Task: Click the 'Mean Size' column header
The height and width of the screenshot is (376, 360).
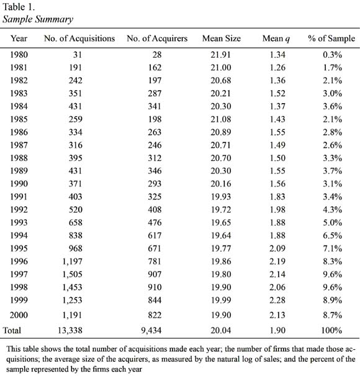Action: [x=222, y=39]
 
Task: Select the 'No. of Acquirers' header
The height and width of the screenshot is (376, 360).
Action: [x=157, y=39]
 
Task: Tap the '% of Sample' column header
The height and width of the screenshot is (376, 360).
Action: [x=331, y=39]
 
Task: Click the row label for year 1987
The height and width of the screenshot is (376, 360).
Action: [x=19, y=145]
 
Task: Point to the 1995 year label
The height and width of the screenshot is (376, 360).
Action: [x=19, y=248]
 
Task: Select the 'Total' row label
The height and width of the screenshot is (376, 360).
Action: [x=12, y=331]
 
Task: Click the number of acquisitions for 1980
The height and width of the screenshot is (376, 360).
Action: [x=78, y=55]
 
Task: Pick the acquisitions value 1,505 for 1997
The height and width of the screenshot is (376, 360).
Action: [x=73, y=274]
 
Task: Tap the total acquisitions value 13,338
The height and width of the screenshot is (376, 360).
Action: [x=70, y=331]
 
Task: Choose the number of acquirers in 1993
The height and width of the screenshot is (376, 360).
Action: [x=155, y=222]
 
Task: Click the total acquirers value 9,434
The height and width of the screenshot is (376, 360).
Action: [x=151, y=331]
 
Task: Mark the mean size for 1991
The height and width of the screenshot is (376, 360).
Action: [x=221, y=196]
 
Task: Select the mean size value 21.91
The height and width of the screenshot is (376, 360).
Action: [x=220, y=55]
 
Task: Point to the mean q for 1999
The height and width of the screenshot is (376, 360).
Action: [x=277, y=300]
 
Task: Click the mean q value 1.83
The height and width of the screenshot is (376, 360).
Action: [x=277, y=196]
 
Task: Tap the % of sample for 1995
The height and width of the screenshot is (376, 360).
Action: [x=332, y=248]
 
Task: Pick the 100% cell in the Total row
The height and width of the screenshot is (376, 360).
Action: [x=331, y=331]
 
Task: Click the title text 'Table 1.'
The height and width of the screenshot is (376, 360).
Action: [x=19, y=7]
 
